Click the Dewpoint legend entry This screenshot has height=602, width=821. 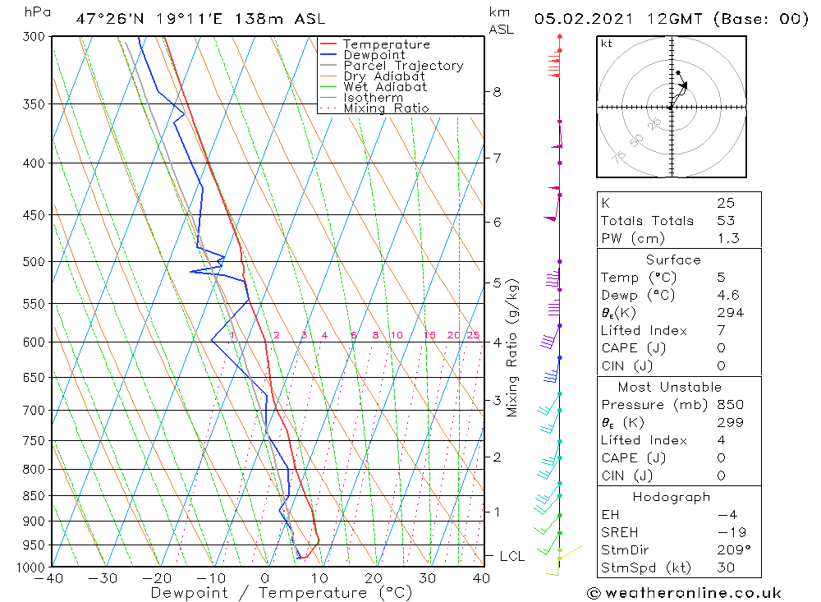[374, 55]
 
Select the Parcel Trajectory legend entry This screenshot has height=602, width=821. [403, 66]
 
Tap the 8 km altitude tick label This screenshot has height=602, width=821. [497, 92]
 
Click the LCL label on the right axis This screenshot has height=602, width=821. [511, 557]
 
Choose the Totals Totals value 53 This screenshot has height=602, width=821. [726, 221]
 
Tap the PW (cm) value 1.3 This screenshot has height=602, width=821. [727, 239]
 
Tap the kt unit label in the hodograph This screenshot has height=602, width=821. [607, 44]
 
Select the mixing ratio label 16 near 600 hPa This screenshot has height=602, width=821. [429, 335]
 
